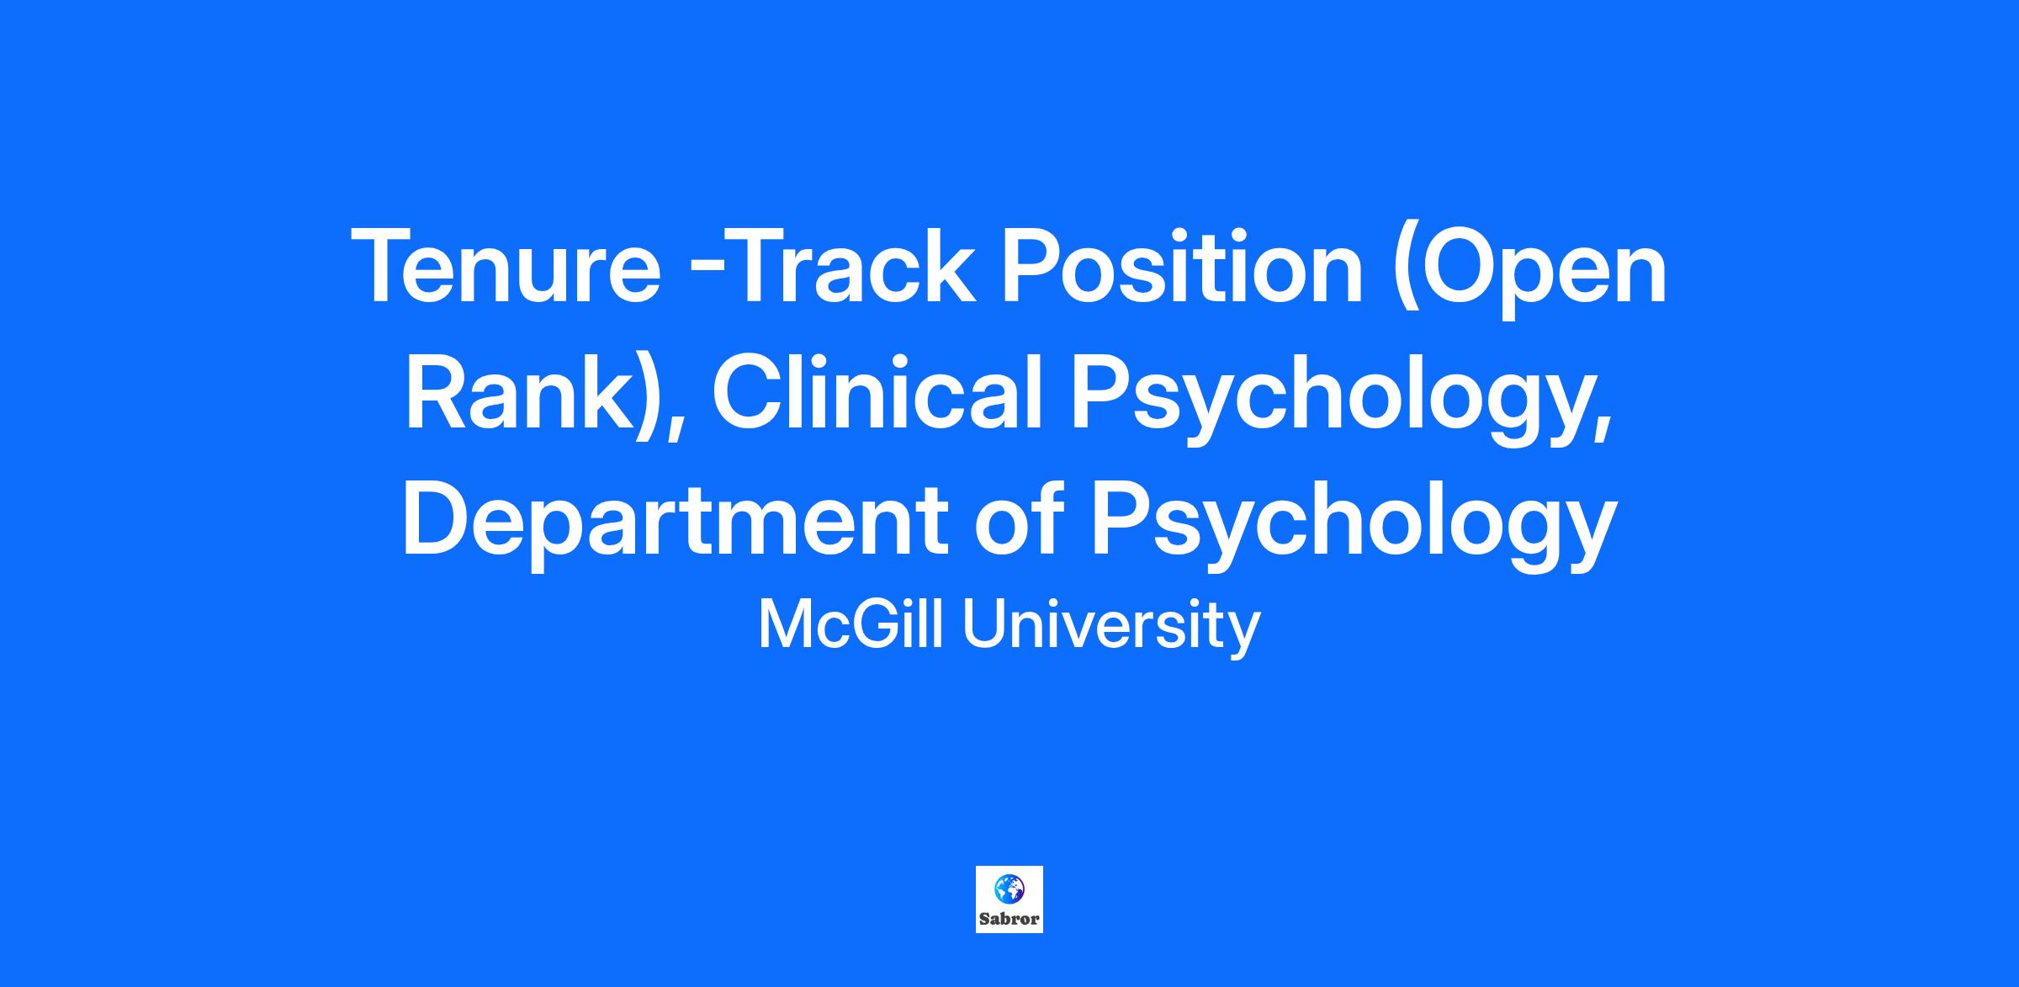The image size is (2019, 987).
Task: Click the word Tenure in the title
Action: (506, 265)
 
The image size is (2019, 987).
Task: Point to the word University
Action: (1111, 628)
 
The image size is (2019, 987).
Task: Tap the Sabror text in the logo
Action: (1010, 919)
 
